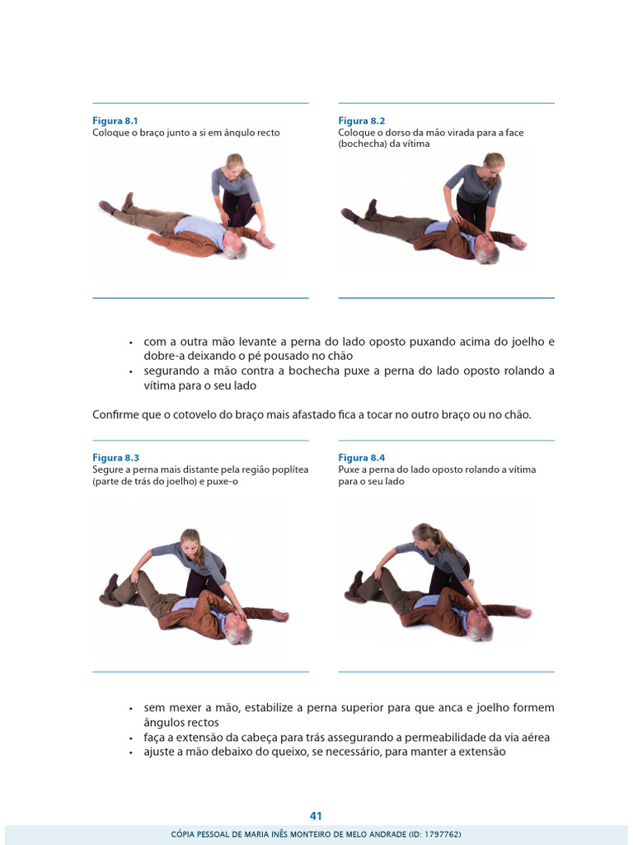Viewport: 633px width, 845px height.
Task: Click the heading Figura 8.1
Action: tap(115, 120)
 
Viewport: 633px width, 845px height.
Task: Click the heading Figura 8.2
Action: tap(362, 120)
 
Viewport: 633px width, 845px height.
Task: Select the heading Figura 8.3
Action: tap(115, 457)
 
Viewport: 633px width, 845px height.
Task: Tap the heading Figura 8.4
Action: tap(362, 457)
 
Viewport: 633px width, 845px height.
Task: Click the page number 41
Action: tap(316, 816)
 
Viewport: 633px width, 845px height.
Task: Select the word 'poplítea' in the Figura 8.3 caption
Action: tap(291, 470)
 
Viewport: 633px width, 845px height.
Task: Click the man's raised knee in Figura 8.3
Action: tap(132, 577)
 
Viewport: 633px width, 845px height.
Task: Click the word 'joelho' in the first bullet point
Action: tap(527, 342)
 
